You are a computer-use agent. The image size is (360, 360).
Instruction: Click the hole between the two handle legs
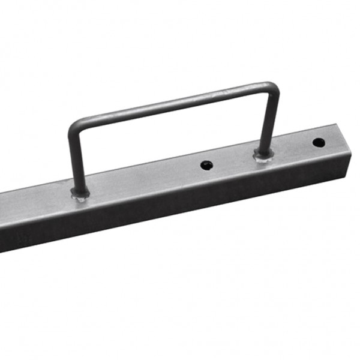[206, 164]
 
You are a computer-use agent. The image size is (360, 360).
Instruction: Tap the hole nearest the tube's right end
[319, 143]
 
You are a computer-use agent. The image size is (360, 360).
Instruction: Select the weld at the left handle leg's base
[80, 193]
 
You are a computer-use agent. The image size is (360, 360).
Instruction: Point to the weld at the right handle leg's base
[263, 155]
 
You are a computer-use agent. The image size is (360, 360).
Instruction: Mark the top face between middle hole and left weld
[144, 178]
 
